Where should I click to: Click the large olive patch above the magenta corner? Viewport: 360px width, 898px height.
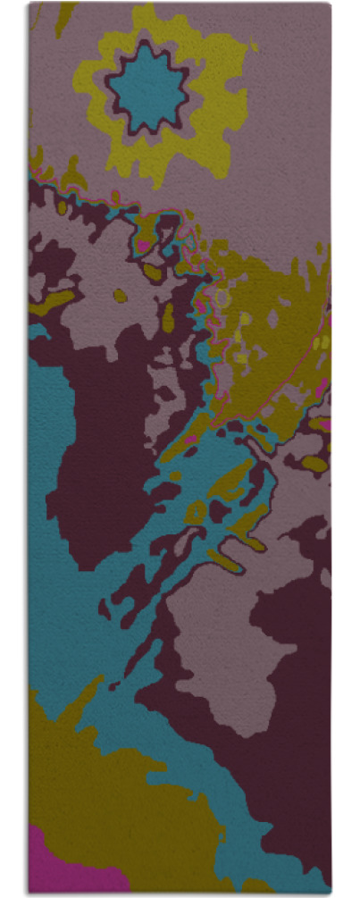point(107,786)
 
